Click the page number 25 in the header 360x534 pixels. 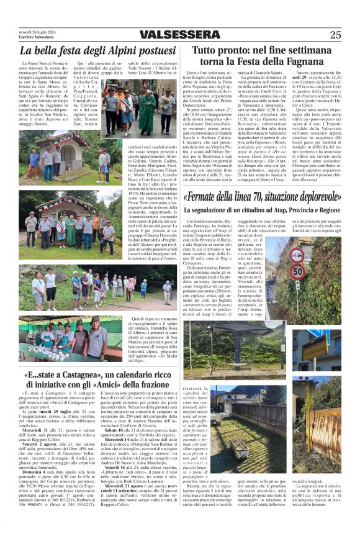pos(335,35)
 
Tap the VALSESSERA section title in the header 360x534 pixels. pos(181,35)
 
